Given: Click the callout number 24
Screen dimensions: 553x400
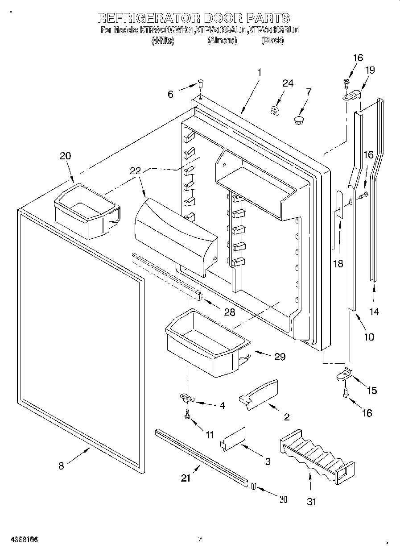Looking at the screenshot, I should coord(288,83).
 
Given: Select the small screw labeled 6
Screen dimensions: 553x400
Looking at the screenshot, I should coord(200,83).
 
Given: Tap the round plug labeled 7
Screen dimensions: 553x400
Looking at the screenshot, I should coord(299,119).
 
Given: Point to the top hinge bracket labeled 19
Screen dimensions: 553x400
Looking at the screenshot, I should coord(352,95).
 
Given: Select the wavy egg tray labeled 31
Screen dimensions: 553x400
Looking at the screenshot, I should coord(317,457).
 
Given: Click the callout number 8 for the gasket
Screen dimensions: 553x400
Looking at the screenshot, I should coord(61,466).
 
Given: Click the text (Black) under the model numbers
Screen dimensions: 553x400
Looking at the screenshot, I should coord(272,41).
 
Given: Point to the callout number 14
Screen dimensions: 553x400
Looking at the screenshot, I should coord(374,312).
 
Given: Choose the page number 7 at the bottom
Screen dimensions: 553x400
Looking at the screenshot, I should coord(200,540).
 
